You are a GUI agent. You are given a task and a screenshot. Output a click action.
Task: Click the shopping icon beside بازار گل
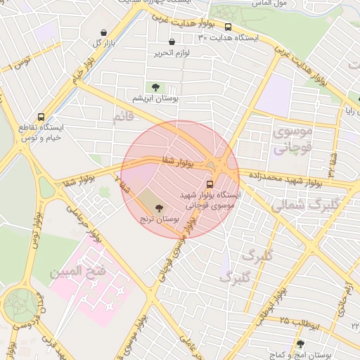(x=105, y=33)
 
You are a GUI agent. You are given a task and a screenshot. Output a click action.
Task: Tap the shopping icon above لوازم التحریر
(x=172, y=43)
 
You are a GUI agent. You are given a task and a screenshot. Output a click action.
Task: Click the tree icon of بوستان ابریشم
(x=155, y=87)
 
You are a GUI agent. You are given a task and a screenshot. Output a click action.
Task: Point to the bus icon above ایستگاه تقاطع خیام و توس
(x=41, y=117)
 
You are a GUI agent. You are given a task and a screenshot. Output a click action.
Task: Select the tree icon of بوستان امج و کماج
(x=301, y=344)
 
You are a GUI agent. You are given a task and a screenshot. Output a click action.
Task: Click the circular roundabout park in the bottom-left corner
(x=21, y=308)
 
